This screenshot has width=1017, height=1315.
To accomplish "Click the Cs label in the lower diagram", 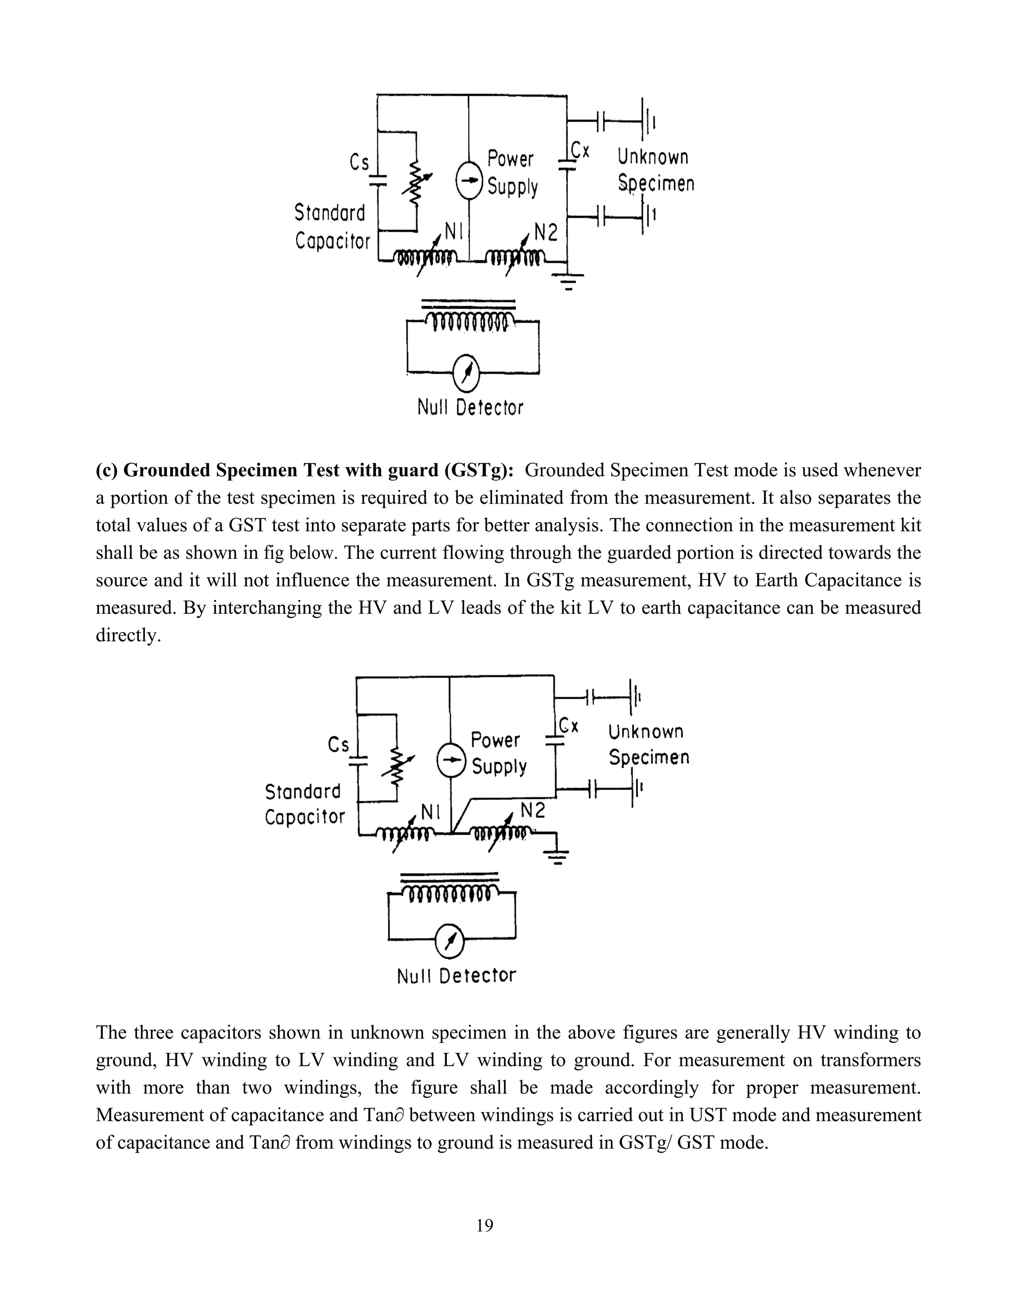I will click(x=339, y=745).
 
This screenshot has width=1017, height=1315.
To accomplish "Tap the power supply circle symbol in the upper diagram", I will click(x=469, y=181).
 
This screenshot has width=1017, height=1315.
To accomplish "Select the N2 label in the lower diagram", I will click(x=533, y=810).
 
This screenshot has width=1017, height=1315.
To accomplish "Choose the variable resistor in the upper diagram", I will click(x=416, y=183).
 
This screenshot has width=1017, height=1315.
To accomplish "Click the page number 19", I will click(x=484, y=1225).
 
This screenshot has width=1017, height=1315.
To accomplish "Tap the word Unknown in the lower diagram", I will click(x=646, y=731).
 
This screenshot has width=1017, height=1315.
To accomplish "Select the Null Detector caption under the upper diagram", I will click(x=470, y=407).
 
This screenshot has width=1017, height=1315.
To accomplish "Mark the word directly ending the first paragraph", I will click(x=128, y=636).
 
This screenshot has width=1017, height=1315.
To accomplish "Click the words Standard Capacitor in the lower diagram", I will click(x=305, y=804).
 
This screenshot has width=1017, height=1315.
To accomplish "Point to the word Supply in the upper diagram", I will click(x=512, y=187).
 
